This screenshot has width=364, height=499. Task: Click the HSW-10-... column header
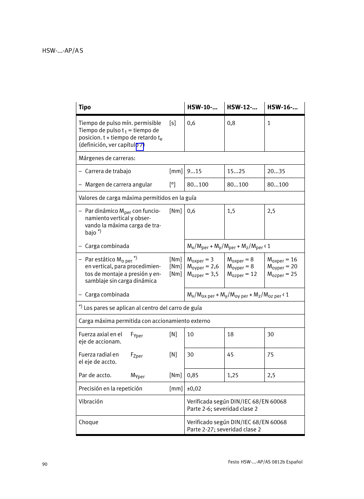point(202,107)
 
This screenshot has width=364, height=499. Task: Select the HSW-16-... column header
point(282,107)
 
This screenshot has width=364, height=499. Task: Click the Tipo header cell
point(85,107)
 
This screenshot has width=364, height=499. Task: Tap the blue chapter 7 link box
point(140,146)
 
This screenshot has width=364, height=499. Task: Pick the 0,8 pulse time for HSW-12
point(231,123)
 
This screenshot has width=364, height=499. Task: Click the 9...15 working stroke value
point(194,171)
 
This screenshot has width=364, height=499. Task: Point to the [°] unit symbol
point(172,185)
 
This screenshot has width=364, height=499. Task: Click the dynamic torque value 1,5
point(231,211)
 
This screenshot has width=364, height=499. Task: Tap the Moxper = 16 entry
point(282,260)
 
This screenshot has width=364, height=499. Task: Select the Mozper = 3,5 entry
point(203,274)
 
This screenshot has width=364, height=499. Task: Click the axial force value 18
point(230,334)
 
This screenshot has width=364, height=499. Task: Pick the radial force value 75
point(270,355)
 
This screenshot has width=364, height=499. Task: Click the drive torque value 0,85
point(193,375)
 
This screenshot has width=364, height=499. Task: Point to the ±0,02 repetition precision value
point(194,389)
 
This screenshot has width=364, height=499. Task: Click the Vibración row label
point(91,402)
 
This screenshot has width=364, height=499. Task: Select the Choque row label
point(89,422)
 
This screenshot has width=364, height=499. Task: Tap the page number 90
point(45,464)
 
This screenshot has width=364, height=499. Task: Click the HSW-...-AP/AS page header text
point(63,51)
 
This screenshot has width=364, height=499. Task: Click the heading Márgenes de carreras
point(107,158)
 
